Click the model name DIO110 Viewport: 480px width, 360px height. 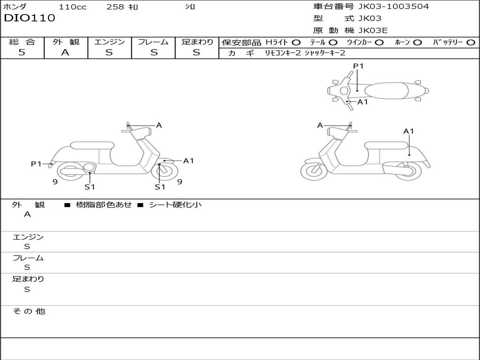click(x=30, y=18)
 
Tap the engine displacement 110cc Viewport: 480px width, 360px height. click(x=73, y=7)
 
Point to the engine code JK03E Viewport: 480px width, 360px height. click(x=373, y=30)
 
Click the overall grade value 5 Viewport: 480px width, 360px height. click(x=22, y=52)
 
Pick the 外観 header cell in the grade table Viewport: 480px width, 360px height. click(x=66, y=42)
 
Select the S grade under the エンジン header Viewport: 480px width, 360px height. click(x=109, y=52)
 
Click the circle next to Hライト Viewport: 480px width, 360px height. click(x=296, y=42)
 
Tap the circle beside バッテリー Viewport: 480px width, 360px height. click(x=471, y=42)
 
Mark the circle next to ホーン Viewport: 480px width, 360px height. click(x=418, y=42)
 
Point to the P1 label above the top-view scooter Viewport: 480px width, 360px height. click(x=359, y=66)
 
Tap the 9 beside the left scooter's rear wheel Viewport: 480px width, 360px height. click(x=55, y=182)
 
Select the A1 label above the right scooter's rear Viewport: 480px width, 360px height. click(x=409, y=131)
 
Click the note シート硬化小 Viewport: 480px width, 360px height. click(x=175, y=205)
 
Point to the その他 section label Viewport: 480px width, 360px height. click(x=29, y=311)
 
